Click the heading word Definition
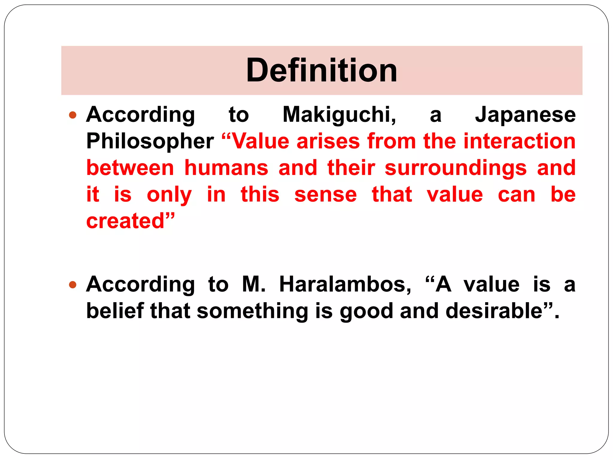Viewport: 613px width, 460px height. pos(321,70)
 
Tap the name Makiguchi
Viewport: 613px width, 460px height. pos(339,115)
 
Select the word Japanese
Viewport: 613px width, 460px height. pos(525,115)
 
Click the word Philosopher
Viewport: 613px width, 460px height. pos(150,141)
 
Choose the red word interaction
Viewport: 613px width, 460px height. pos(519,141)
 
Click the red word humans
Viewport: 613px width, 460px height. pos(226,168)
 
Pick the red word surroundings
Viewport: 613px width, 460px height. pos(456,168)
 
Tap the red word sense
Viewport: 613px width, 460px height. pos(326,194)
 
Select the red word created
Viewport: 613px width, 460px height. pos(126,221)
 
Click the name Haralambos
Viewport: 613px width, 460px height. pos(345,284)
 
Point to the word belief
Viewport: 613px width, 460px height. pos(115,311)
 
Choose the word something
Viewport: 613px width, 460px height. pos(253,311)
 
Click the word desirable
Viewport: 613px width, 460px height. pos(494,311)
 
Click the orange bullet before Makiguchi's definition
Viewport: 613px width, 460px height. pos(73,115)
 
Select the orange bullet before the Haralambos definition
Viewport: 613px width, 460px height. pos(73,284)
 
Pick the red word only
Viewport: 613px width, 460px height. pos(169,194)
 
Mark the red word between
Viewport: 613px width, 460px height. pos(130,168)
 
